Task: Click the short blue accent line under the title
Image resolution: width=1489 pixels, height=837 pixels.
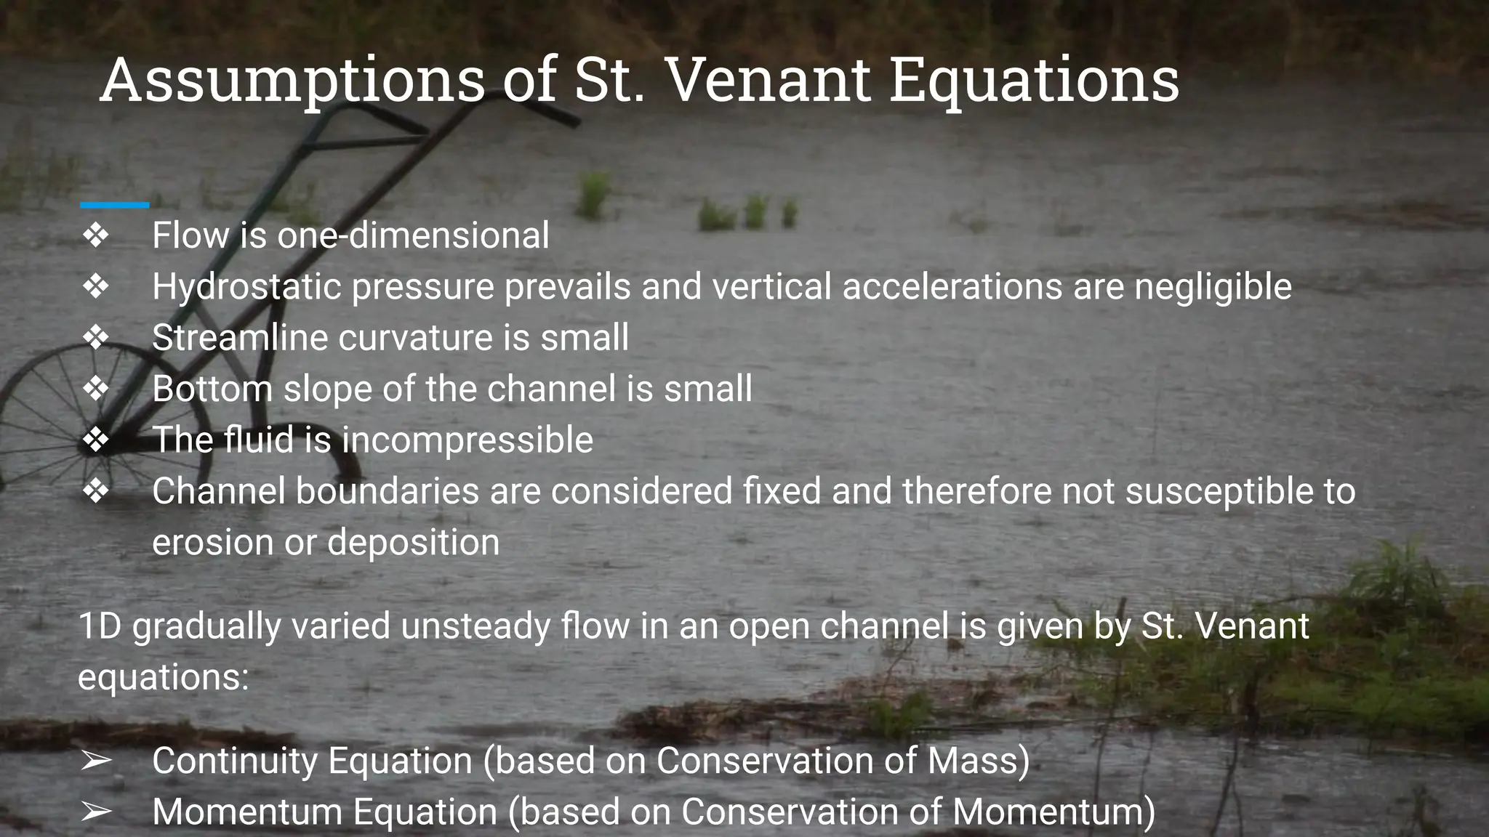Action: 114,206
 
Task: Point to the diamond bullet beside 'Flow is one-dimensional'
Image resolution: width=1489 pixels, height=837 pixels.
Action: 95,235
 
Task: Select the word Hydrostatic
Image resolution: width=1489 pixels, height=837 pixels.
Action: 246,286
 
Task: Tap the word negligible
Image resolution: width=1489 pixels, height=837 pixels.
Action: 1213,286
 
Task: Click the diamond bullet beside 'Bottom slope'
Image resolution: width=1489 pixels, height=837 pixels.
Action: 95,389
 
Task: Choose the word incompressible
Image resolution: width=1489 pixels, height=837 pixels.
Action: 467,440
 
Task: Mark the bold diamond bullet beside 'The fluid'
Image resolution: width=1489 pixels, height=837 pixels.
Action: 95,440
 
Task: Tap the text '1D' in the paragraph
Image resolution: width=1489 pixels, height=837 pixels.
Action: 100,626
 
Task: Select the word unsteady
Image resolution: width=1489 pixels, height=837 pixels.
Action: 475,626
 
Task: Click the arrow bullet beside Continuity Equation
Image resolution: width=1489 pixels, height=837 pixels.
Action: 95,761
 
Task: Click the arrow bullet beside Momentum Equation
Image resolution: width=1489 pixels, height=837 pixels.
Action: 95,812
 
